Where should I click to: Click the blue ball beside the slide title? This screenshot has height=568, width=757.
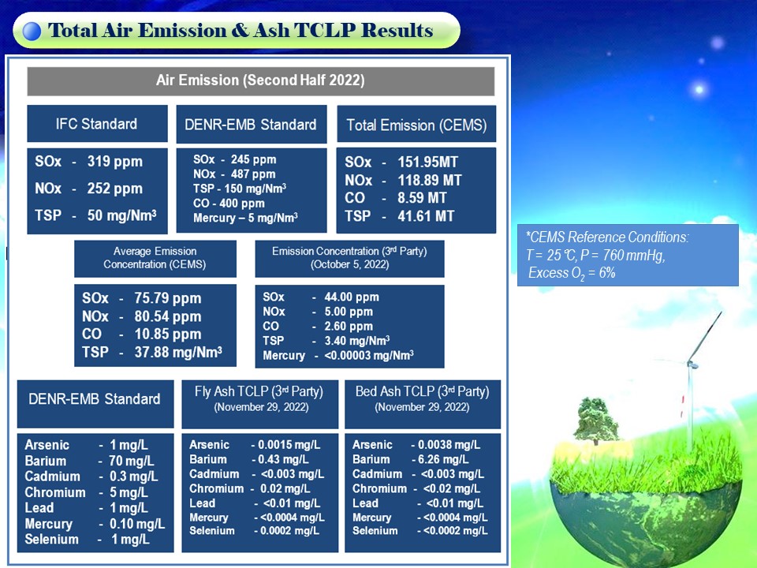[x=32, y=31]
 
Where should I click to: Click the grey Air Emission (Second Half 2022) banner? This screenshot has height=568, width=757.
[x=261, y=80]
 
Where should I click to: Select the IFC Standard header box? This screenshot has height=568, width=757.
[x=97, y=124]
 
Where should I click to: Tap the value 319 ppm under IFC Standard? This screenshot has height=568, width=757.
[x=115, y=161]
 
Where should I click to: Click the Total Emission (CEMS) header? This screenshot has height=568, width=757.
[x=416, y=125]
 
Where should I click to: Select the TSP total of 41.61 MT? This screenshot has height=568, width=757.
[x=426, y=216]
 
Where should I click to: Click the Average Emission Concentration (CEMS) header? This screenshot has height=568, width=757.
[x=155, y=259]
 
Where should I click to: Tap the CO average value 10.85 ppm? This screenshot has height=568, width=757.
[x=167, y=334]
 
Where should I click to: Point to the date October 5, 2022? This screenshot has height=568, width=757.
[x=349, y=265]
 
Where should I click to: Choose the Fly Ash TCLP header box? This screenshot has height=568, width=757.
[x=259, y=404]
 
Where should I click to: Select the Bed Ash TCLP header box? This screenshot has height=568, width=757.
[x=423, y=404]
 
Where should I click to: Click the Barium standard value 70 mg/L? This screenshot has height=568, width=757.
[x=132, y=461]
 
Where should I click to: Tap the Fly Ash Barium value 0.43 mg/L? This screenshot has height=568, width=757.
[x=283, y=459]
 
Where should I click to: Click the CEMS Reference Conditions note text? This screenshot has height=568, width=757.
[x=608, y=255]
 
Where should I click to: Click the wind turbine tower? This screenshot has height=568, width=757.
[x=692, y=405]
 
